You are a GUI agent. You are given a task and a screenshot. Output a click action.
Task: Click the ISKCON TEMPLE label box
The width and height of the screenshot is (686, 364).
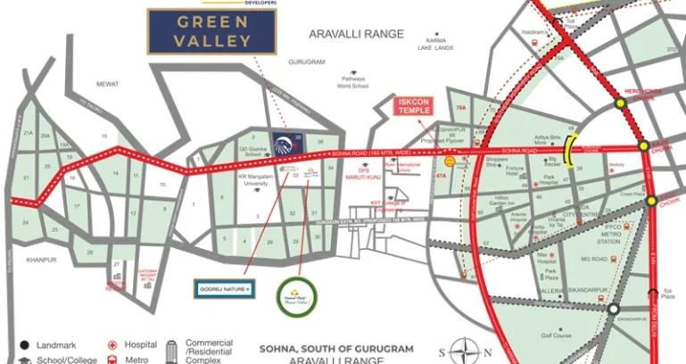point(413,107)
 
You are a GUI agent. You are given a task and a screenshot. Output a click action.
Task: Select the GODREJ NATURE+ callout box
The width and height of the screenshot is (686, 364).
point(224,289)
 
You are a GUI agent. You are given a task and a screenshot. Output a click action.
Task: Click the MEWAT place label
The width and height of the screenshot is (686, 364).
point(108,84)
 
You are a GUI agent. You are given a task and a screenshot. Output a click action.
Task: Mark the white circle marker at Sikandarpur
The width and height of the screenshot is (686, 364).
point(614,310)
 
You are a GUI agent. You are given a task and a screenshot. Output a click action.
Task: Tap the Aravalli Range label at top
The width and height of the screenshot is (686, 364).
point(356,34)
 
